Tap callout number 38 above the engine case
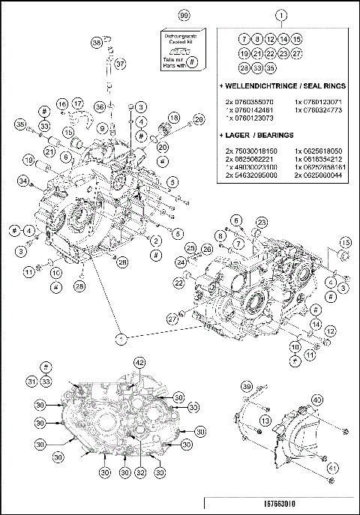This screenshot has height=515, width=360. click(x=96, y=43)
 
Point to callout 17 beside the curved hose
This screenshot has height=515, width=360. click(x=78, y=103)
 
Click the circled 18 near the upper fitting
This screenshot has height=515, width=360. click(x=173, y=118)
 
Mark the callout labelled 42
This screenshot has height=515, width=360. click(x=139, y=362)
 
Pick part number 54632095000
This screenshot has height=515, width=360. click(x=251, y=175)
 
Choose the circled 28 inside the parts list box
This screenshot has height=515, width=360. click(x=244, y=67)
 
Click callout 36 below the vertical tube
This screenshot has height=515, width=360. click(x=100, y=109)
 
